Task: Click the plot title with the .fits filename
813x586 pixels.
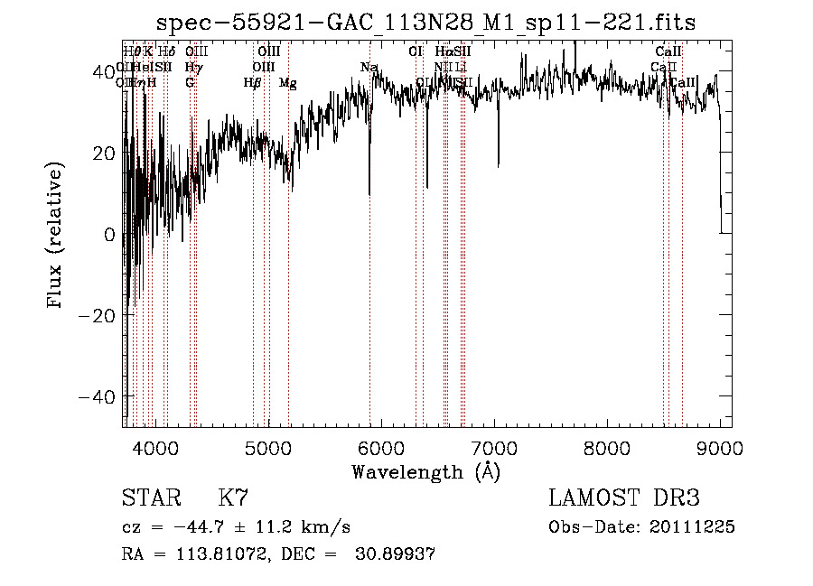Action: pos(425,23)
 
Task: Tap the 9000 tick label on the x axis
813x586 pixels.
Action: pos(719,448)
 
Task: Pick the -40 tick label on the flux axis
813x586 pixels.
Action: pos(97,397)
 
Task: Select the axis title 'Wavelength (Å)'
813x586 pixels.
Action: pos(425,471)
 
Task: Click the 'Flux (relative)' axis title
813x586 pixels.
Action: pos(56,235)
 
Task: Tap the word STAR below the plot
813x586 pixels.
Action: pos(151,498)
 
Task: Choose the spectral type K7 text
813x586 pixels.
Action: pos(233,498)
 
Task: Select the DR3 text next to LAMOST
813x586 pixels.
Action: pos(676,498)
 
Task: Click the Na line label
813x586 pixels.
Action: pos(369,68)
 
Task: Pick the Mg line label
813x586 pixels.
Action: pos(287,83)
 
